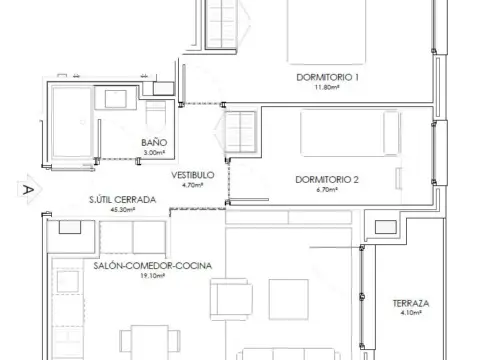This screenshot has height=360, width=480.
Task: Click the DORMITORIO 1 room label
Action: pyautogui.click(x=327, y=77)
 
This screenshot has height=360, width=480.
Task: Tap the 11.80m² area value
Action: pyautogui.click(x=327, y=87)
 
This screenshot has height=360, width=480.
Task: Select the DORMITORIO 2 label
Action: pyautogui.click(x=327, y=180)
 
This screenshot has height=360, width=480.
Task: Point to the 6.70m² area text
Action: pyautogui.click(x=327, y=190)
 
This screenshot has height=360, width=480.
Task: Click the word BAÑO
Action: pyautogui.click(x=154, y=143)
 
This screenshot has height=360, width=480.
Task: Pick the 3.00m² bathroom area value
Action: pyautogui.click(x=154, y=153)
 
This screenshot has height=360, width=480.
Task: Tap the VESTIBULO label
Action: pyautogui.click(x=193, y=175)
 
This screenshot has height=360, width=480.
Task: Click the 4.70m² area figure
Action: pyautogui.click(x=192, y=185)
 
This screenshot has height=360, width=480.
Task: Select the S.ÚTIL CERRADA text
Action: pyautogui.click(x=122, y=200)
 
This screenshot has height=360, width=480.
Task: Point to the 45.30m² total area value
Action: pyautogui.click(x=122, y=210)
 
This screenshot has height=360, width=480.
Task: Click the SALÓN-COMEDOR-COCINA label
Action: pyautogui.click(x=153, y=266)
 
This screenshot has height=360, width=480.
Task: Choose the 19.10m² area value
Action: pyautogui.click(x=152, y=276)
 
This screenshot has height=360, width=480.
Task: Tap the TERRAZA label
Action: pyautogui.click(x=411, y=303)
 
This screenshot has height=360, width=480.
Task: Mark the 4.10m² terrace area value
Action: pyautogui.click(x=411, y=313)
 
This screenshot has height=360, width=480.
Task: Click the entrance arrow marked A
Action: pyautogui.click(x=29, y=189)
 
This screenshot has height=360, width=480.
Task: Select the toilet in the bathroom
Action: pyautogui.click(x=156, y=116)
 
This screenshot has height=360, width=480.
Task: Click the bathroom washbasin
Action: pyautogui.click(x=115, y=98)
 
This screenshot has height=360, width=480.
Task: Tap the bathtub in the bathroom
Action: pyautogui.click(x=72, y=122)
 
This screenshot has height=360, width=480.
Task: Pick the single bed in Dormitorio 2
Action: pyautogui.click(x=350, y=133)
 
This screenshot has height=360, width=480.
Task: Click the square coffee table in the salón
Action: pyautogui.click(x=288, y=299)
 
